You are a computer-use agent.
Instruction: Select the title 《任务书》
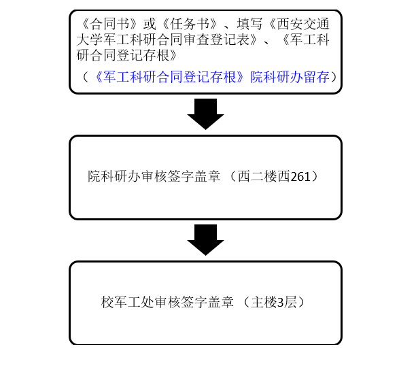190,24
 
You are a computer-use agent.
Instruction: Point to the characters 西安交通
303,24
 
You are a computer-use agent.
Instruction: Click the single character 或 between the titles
150,24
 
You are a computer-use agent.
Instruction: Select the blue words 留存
316,77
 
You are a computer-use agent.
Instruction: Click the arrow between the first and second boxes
205,114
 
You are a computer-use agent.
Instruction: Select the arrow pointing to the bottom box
205,240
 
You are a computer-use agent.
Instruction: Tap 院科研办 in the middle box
114,176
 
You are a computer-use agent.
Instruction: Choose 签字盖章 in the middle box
194,176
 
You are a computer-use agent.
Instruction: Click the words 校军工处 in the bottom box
128,302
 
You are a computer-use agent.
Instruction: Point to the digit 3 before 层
281,303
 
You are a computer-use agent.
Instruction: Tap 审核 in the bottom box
167,302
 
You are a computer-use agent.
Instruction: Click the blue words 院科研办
277,77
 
